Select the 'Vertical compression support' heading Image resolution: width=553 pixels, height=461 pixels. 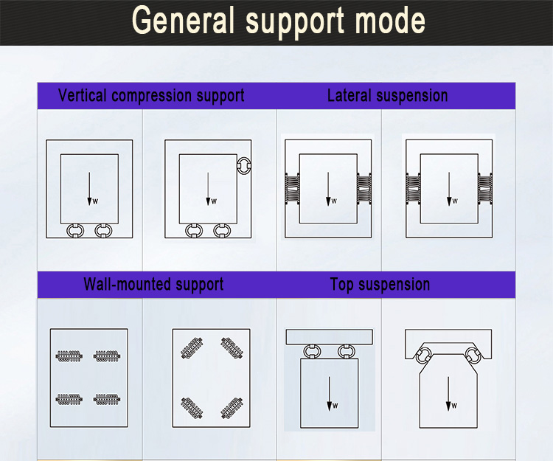151,96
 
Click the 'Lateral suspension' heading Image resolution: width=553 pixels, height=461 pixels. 387,96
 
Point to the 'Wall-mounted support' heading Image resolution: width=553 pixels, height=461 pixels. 153,284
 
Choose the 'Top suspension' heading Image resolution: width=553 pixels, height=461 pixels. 380,284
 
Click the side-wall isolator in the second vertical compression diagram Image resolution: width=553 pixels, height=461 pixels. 244,164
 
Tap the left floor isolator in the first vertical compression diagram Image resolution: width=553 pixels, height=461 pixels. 74,230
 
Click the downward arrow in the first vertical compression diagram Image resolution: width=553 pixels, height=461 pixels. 89,188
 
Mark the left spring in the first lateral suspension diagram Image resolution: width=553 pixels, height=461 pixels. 291,188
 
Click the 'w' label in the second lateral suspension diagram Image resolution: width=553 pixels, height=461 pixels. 455,201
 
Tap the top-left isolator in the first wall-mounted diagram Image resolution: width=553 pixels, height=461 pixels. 69,356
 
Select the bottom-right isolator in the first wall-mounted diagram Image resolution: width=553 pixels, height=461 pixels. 106,400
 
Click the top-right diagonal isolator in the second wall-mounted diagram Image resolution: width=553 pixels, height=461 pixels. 232,347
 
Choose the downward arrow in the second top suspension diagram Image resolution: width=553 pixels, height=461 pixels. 448,391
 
